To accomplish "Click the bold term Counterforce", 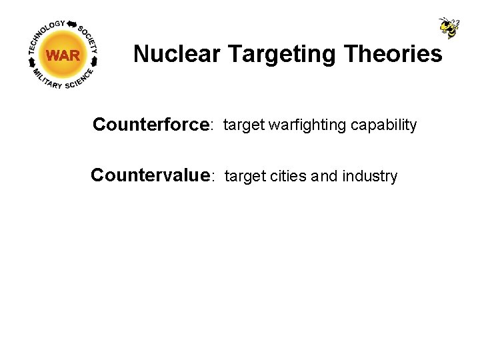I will click(151, 125).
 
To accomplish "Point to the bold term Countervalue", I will click(151, 176).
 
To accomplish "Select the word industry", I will click(369, 177).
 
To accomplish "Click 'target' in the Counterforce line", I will click(243, 125).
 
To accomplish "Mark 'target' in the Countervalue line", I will click(245, 177).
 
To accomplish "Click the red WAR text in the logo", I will click(63, 56).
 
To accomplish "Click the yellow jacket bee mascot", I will click(449, 27).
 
